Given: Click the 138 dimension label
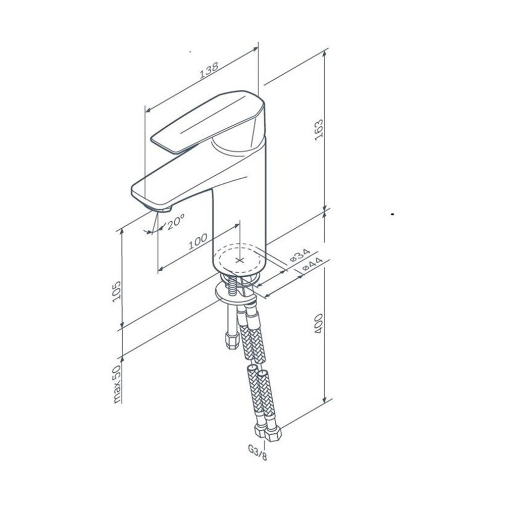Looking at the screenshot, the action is [x=209, y=70].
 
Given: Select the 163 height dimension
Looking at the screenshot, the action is [x=319, y=130].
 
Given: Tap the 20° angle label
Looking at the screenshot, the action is [x=176, y=221].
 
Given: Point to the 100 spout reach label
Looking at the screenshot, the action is [x=198, y=241].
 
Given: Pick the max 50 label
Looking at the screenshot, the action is [x=117, y=384].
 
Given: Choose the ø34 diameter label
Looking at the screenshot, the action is [x=300, y=256].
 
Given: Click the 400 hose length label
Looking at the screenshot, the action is [x=319, y=323].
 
